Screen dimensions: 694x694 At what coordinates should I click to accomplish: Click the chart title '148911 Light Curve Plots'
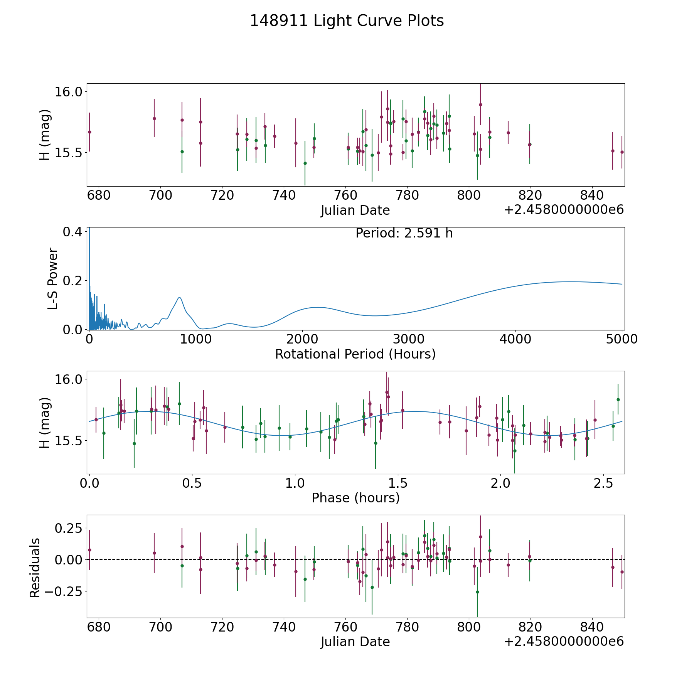click(347, 21)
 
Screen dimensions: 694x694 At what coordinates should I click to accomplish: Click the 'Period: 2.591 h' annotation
click(404, 233)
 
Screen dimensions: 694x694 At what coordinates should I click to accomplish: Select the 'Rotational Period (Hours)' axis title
click(355, 354)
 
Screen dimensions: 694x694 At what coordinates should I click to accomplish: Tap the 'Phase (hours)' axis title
click(355, 498)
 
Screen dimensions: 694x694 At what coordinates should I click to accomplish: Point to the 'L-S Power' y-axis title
click(53, 279)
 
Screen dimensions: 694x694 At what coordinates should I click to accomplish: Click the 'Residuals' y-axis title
click(35, 568)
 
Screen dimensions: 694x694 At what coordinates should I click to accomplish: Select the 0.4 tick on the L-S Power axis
click(72, 232)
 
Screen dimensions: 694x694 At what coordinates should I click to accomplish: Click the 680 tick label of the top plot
click(99, 196)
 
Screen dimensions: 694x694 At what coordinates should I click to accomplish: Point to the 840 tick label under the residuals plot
click(592, 628)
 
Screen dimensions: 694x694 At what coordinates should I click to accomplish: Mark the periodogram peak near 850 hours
click(179, 297)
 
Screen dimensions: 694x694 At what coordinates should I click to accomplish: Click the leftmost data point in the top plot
click(89, 132)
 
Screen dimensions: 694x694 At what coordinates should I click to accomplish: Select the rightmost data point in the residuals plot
click(622, 572)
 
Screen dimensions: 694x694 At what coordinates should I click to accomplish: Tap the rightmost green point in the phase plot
click(618, 399)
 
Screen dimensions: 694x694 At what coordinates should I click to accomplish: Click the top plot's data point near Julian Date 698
click(154, 118)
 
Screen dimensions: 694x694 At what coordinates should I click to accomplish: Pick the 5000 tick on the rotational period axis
click(622, 340)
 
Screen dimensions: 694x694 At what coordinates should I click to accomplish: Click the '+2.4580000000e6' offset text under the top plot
click(564, 210)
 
